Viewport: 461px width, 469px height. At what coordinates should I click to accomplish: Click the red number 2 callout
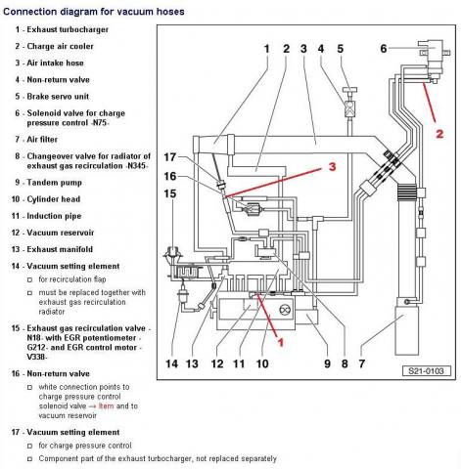tap(439, 134)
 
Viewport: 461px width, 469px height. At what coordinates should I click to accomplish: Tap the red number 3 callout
tap(332, 166)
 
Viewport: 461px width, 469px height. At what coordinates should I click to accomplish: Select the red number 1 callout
tap(280, 342)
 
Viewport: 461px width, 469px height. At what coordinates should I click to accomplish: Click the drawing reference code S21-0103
tap(426, 371)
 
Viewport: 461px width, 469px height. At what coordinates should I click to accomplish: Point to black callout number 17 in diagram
tap(169, 157)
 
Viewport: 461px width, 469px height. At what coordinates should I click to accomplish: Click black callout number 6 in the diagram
tap(384, 49)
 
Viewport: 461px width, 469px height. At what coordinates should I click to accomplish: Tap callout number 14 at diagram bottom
tap(171, 363)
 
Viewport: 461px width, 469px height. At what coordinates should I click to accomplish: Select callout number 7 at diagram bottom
tap(362, 363)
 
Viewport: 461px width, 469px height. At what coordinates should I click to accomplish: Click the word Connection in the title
tap(30, 12)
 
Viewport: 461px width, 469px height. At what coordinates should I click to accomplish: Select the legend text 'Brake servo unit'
tap(58, 97)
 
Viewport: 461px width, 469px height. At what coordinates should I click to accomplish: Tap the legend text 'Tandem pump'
tap(54, 183)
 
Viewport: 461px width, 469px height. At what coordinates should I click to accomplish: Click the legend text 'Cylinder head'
tap(54, 199)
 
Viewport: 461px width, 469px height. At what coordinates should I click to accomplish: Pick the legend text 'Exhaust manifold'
tap(60, 249)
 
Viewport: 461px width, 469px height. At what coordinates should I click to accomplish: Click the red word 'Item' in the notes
tap(106, 406)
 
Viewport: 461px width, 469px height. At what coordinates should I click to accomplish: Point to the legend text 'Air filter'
tap(42, 140)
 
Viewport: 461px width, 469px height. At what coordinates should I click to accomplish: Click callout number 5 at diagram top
tap(341, 49)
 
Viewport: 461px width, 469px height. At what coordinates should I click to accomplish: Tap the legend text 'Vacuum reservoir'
tap(61, 233)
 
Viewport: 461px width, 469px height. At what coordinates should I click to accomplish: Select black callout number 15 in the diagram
tap(169, 193)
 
